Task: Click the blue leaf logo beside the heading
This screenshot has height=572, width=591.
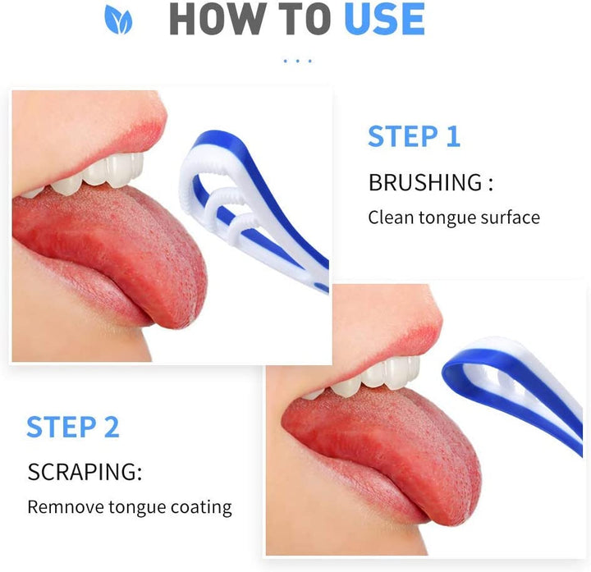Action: pyautogui.click(x=118, y=20)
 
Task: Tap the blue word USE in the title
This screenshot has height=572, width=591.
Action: pyautogui.click(x=383, y=20)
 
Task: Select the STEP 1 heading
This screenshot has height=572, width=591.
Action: pyautogui.click(x=414, y=136)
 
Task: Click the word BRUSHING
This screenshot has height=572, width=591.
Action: pyautogui.click(x=425, y=183)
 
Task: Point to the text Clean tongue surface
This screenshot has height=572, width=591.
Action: pyautogui.click(x=453, y=217)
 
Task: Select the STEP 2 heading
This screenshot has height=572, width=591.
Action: pyautogui.click(x=73, y=427)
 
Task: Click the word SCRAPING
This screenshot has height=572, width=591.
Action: pyautogui.click(x=85, y=473)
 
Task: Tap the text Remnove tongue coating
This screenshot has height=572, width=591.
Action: pyautogui.click(x=130, y=507)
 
